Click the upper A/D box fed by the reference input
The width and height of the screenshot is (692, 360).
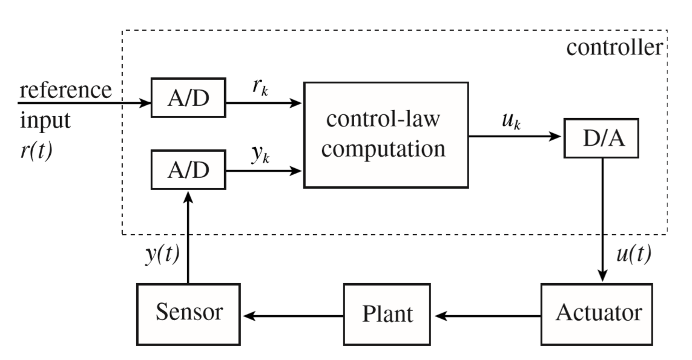pos(188,97)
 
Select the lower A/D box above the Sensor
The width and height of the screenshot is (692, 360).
pos(188,170)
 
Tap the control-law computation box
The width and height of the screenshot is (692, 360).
pos(386,135)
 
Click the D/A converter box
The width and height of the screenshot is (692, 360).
pos(602,138)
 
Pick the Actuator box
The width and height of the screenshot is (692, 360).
pos(597,314)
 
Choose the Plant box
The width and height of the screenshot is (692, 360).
pos(387,314)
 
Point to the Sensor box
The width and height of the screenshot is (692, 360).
pos(188,314)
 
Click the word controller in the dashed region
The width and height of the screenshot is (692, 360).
pos(615,47)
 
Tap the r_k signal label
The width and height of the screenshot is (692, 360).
pos(260,87)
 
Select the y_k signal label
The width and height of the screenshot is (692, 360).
pos(260,154)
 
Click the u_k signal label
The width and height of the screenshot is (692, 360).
pos(512,120)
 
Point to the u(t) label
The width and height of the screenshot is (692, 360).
pos(634,254)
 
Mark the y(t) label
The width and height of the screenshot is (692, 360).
pos(162,254)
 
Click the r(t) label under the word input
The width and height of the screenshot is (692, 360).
pos(36,151)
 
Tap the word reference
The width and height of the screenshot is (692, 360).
pos(66,90)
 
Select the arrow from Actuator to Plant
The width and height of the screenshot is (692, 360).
pos(487,316)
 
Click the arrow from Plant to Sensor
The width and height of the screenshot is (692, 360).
pos(294,316)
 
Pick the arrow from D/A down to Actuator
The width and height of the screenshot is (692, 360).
pos(602,219)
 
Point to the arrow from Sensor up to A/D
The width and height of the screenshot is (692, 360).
pos(188,237)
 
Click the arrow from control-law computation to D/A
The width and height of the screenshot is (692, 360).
pos(515,136)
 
